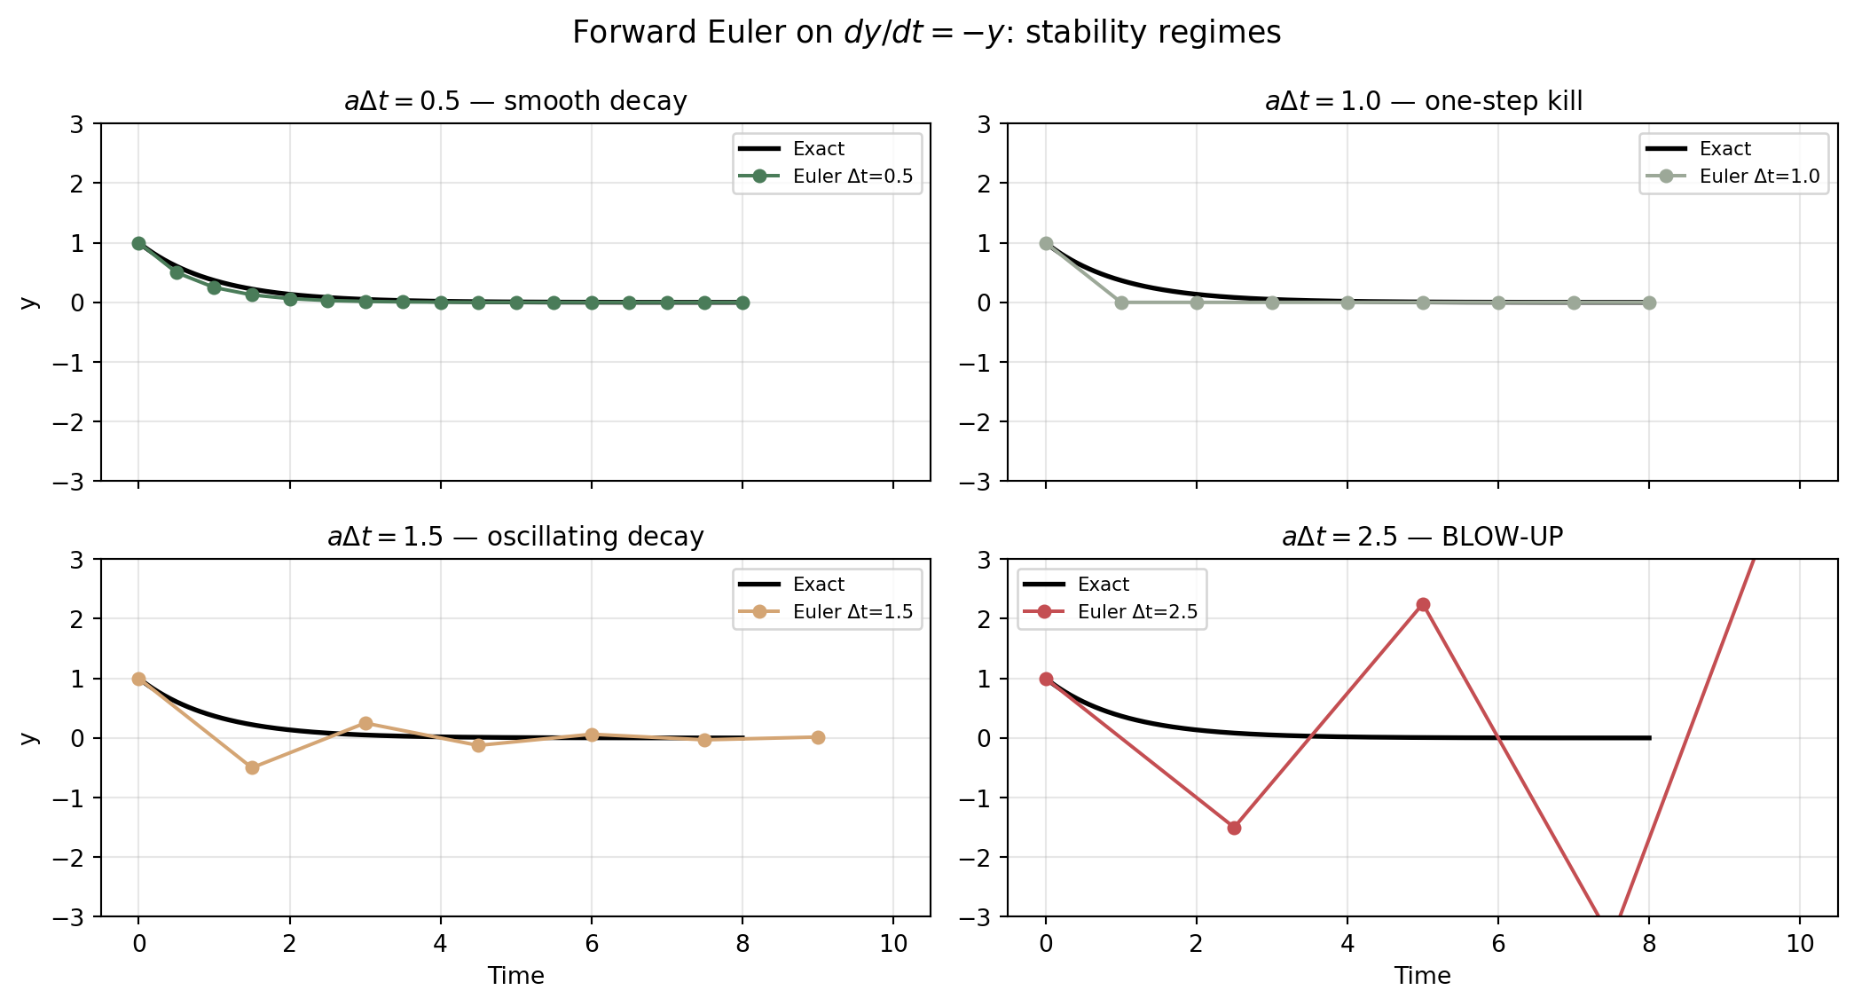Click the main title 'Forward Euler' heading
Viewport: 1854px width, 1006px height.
pos(926,33)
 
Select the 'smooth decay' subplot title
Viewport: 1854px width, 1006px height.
pos(515,101)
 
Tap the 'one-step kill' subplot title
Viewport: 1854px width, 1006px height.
pos(1423,101)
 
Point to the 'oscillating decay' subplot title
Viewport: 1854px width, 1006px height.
pos(515,537)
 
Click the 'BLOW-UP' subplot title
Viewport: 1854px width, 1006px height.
pos(1423,537)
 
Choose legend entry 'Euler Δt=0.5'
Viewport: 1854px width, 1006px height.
pos(852,177)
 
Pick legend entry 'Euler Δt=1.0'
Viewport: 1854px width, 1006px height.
pos(1759,177)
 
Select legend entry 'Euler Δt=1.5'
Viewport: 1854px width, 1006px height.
pos(852,612)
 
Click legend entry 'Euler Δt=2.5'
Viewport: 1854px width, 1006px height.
pos(1137,612)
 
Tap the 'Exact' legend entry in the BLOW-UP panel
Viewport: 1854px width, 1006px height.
pos(1103,585)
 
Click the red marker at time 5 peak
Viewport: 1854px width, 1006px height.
pos(1423,605)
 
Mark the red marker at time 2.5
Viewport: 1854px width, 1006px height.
pos(1234,828)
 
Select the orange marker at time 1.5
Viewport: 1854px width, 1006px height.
pos(252,767)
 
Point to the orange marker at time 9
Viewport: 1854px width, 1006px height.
pos(818,737)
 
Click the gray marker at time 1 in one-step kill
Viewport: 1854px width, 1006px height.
pos(1121,303)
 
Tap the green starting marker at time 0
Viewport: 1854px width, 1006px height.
pos(138,243)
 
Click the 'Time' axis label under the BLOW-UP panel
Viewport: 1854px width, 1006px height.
pos(1422,976)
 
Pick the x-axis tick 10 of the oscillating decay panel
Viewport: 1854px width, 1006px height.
pos(893,943)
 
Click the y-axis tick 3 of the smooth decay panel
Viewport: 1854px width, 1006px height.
pos(77,124)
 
